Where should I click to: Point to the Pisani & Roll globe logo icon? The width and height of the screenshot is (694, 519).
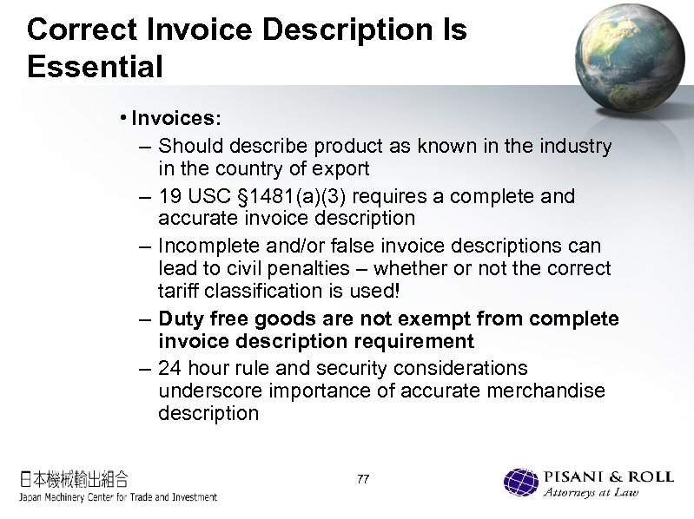pos(522,483)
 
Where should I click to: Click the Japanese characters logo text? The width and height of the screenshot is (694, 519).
pos(75,477)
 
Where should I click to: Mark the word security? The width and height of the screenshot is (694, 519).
pos(367,368)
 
